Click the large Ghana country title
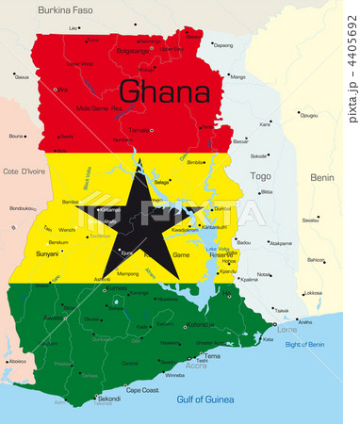(166, 92)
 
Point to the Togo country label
(259, 175)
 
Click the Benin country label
(321, 177)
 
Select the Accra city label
(197, 364)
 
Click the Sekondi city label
(109, 399)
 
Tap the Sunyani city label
(47, 253)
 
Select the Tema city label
(213, 356)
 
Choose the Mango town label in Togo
(237, 76)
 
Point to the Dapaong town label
(222, 45)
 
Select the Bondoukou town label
(24, 208)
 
